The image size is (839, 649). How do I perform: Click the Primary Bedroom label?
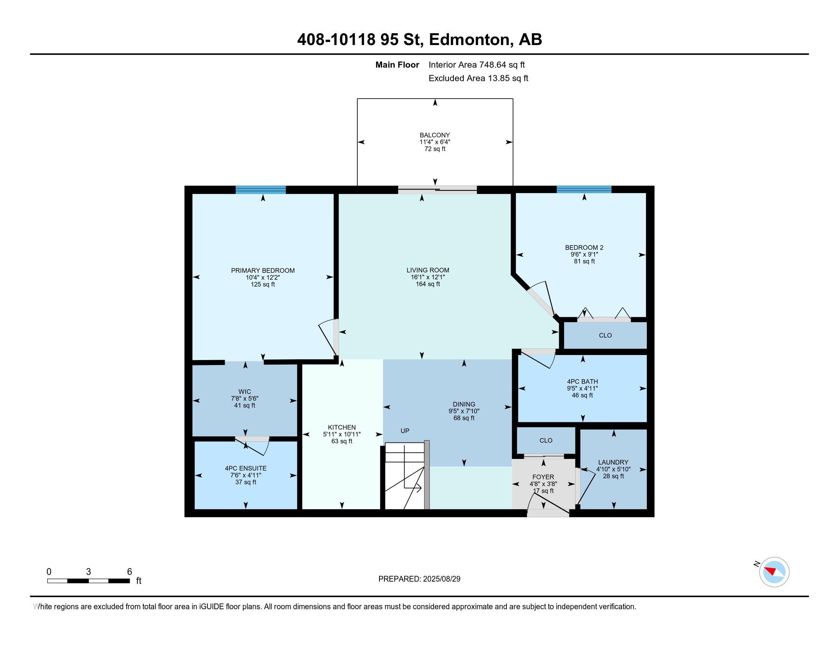(x=263, y=270)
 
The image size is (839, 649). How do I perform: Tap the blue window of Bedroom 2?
(x=583, y=189)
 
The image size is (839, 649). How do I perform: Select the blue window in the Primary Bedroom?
(x=260, y=190)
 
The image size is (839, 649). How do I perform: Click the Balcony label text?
(x=434, y=135)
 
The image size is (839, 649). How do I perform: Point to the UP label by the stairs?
(x=405, y=431)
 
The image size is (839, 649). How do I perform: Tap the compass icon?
(x=774, y=572)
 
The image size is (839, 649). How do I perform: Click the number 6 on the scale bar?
(x=129, y=572)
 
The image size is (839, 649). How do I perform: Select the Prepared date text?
(x=419, y=579)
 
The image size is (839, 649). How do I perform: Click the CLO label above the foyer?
(x=545, y=440)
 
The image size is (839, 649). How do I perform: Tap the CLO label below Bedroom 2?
(x=605, y=335)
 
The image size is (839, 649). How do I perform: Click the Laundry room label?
(x=613, y=462)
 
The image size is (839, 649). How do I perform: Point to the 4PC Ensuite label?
(x=246, y=468)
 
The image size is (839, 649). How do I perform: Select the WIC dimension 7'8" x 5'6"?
(x=245, y=399)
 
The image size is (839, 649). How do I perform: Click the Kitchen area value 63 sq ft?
(x=342, y=441)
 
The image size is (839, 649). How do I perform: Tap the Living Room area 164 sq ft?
(x=428, y=284)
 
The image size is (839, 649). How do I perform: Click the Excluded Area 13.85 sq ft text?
(x=478, y=78)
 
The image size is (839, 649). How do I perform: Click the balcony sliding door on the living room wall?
(x=437, y=189)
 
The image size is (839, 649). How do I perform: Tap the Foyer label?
(x=543, y=477)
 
